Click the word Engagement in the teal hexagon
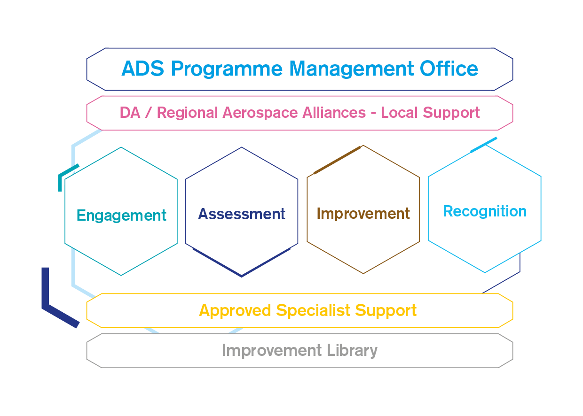[x=121, y=216]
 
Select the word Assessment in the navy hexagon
[x=242, y=214]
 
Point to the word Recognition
[x=485, y=211]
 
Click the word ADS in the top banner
[x=142, y=69]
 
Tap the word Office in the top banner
[x=449, y=68]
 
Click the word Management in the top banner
[x=351, y=69]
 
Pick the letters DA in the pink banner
[x=130, y=113]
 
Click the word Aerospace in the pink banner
[x=260, y=113]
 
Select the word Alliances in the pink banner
[x=334, y=113]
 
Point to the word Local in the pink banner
[x=400, y=113]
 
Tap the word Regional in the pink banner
[x=187, y=113]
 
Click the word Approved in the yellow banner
[x=235, y=311]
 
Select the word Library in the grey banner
[x=352, y=351]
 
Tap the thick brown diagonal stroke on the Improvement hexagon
[x=337, y=160]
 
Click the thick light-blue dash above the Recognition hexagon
[x=484, y=145]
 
